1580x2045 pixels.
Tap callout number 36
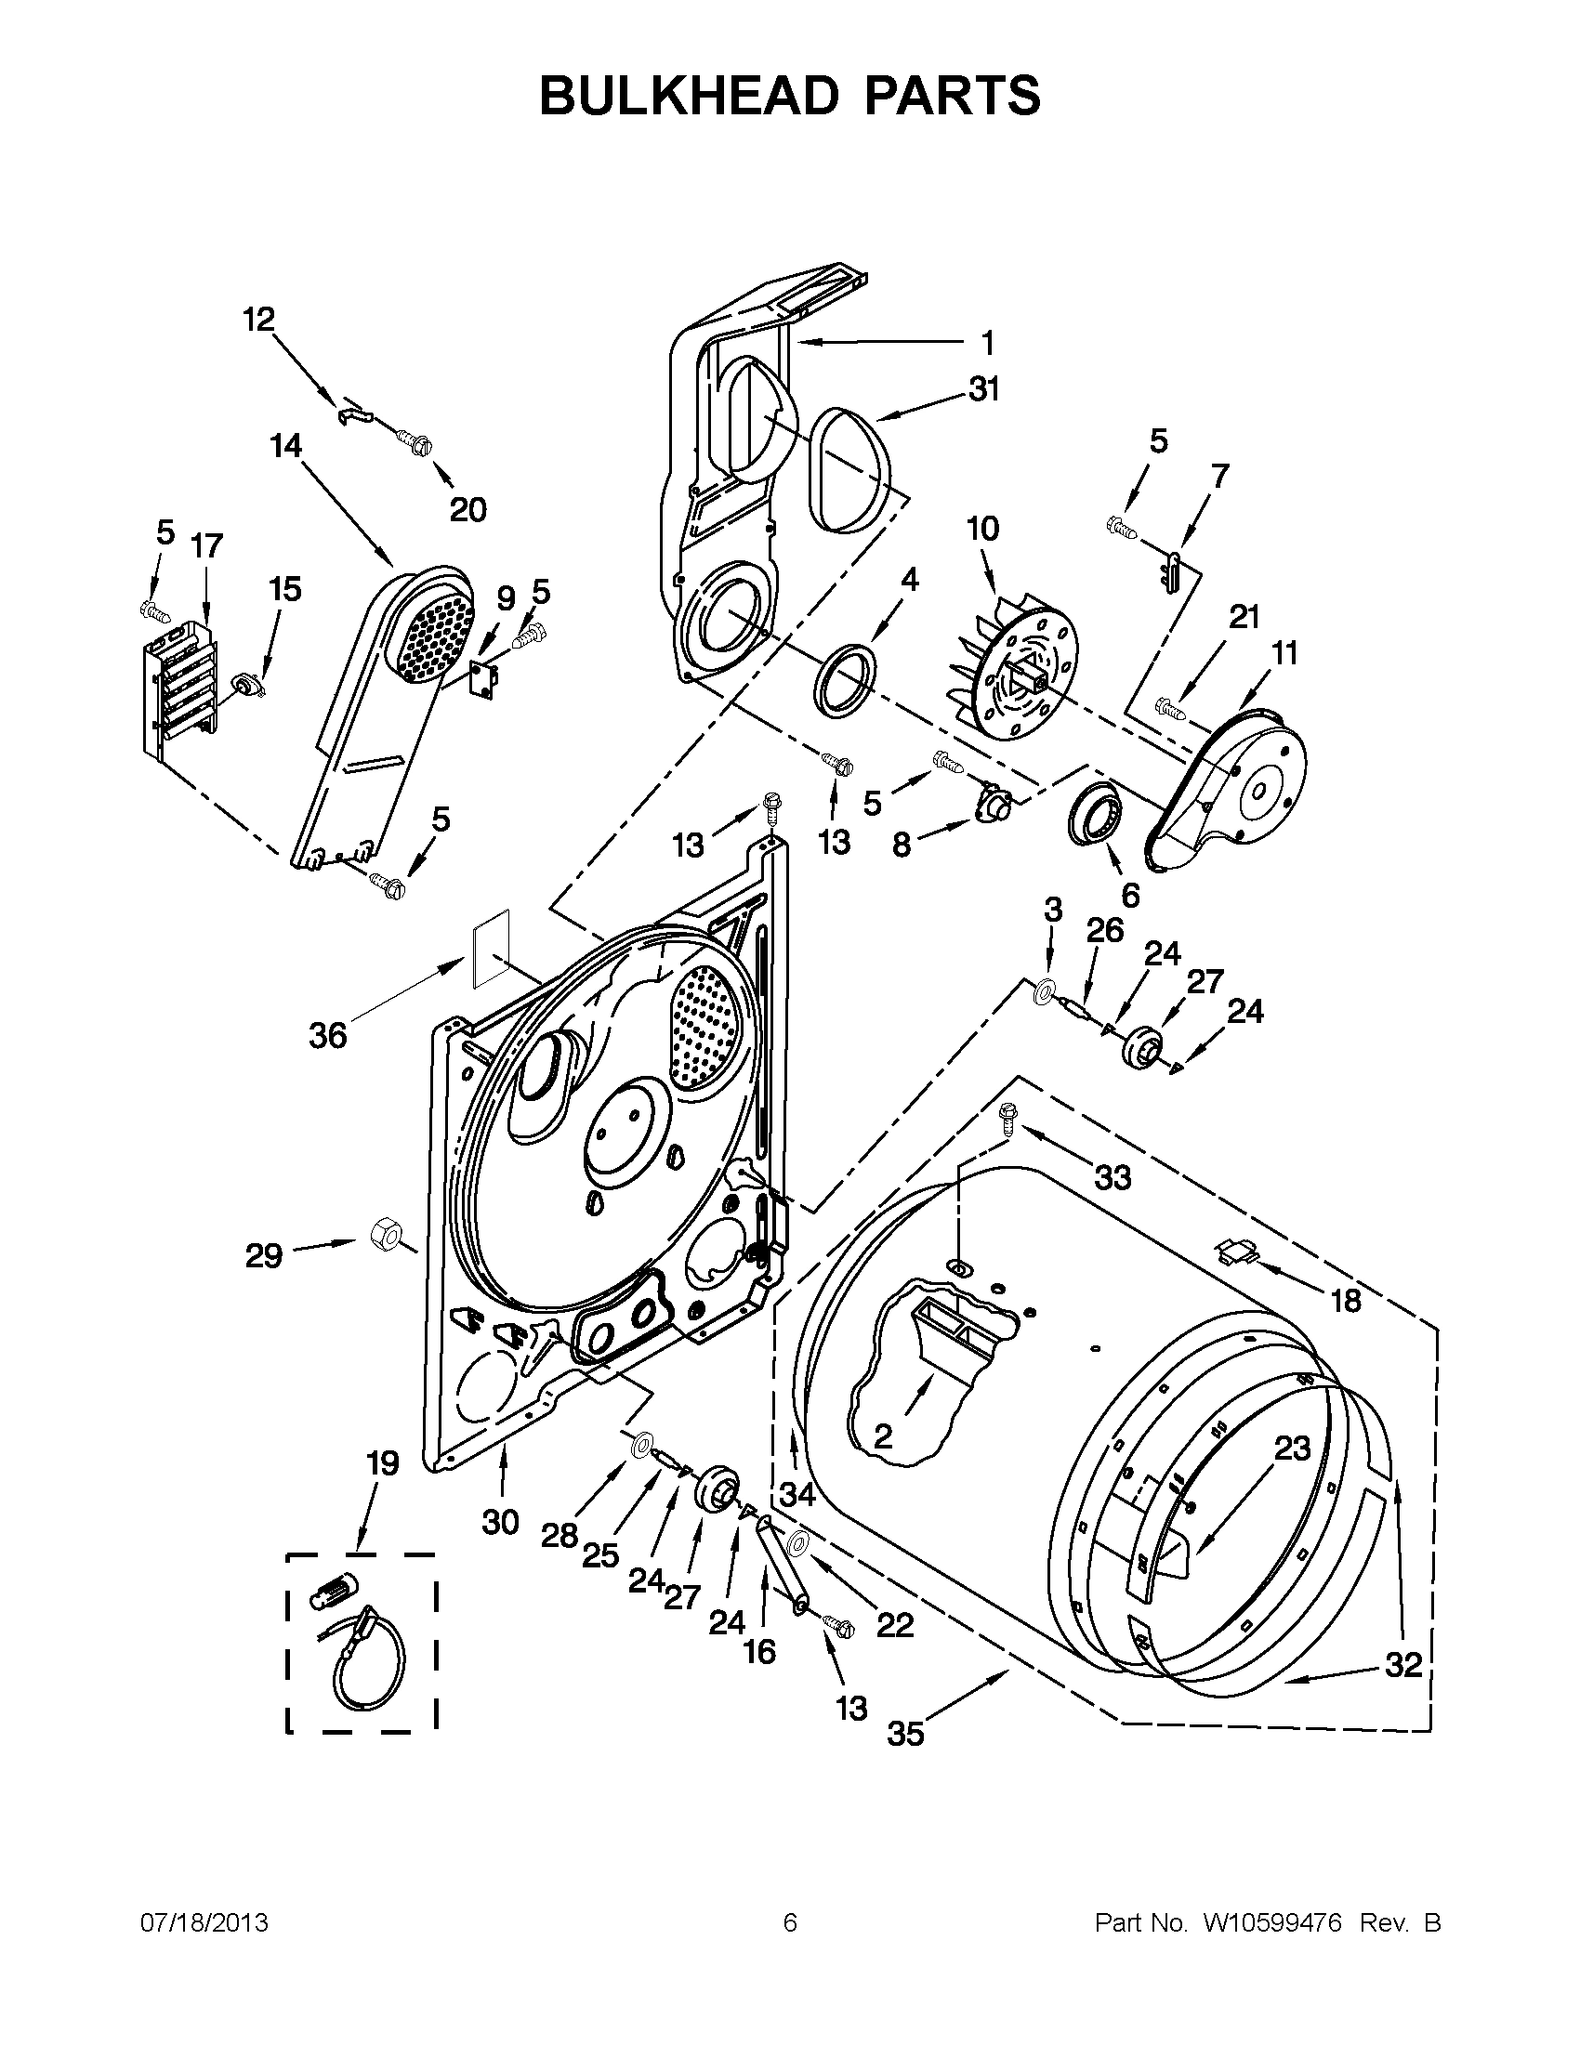pyautogui.click(x=328, y=1036)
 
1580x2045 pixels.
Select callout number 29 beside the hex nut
pyautogui.click(x=264, y=1255)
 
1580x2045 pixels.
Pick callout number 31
pyautogui.click(x=984, y=388)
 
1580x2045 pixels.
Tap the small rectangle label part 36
pyautogui.click(x=491, y=947)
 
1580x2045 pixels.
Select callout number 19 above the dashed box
pyautogui.click(x=383, y=1462)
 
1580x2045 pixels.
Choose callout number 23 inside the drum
pyautogui.click(x=1293, y=1449)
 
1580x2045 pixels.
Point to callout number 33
pyautogui.click(x=1113, y=1178)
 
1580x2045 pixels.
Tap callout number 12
pyautogui.click(x=259, y=320)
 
